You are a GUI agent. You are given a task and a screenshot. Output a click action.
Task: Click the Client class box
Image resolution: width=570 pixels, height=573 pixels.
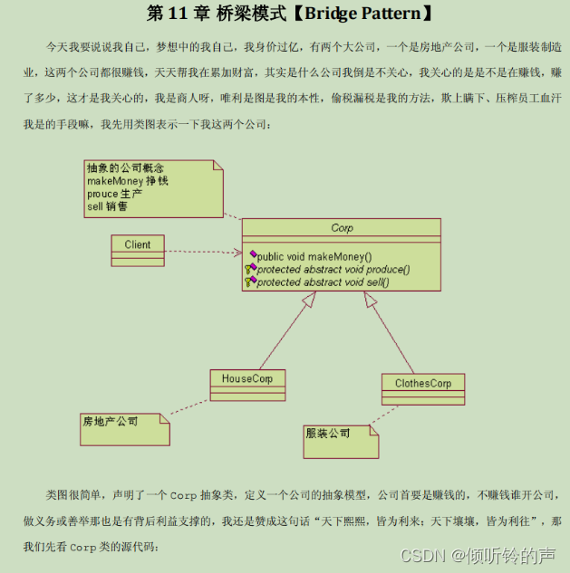138,244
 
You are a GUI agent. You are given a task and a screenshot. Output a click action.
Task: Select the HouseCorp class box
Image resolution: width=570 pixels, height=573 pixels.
247,384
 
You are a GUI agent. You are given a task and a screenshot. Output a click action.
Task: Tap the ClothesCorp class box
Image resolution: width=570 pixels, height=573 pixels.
422,388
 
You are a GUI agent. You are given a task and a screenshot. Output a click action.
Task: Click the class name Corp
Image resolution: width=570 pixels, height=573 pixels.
342,228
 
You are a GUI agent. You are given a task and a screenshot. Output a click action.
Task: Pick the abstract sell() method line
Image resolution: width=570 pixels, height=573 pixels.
322,282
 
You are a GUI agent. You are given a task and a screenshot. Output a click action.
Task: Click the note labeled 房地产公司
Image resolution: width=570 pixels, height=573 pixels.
124,428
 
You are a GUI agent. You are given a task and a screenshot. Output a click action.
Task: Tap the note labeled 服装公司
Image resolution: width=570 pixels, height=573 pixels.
340,440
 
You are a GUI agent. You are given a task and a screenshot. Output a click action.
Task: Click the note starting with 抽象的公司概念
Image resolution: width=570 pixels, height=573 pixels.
153,187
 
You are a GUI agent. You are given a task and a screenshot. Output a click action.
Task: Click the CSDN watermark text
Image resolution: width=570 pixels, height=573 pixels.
478,554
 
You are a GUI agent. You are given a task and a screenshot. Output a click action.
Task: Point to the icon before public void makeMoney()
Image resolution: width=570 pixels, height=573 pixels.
252,256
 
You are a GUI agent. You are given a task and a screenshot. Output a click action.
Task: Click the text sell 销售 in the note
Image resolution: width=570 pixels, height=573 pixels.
108,206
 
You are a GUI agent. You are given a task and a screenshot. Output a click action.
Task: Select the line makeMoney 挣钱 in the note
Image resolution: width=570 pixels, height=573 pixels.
128,181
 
